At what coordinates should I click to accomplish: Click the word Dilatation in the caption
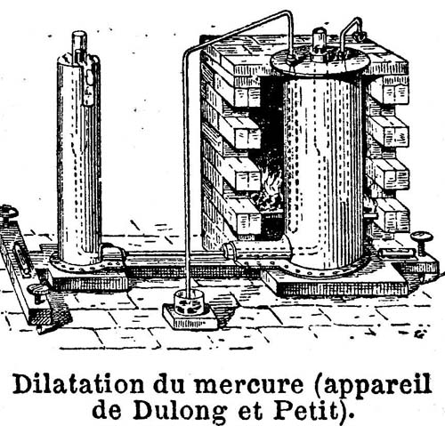(78, 384)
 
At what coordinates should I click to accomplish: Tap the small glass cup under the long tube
(189, 302)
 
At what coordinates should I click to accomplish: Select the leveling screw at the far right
(422, 244)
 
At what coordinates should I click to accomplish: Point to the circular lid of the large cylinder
(320, 62)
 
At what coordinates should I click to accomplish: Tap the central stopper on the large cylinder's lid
(320, 44)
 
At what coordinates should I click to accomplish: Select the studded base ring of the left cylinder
(86, 264)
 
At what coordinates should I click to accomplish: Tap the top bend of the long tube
(289, 15)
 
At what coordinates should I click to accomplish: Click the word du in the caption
(168, 384)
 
